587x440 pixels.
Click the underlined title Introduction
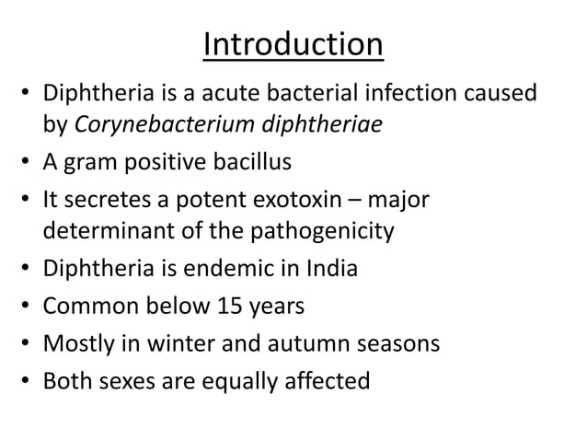[293, 45]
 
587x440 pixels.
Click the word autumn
[303, 343]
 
